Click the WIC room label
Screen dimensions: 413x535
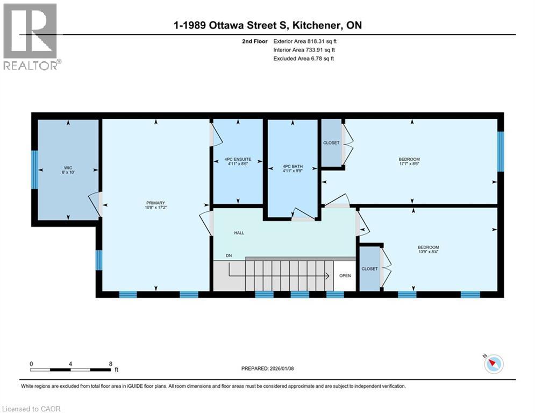click(68, 167)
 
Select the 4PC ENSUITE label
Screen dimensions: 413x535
click(238, 159)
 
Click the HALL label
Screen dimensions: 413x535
click(239, 233)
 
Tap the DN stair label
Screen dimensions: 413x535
click(229, 255)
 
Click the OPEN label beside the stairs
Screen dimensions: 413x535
click(345, 276)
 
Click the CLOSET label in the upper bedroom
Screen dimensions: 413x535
click(331, 143)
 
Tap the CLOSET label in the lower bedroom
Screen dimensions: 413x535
click(369, 269)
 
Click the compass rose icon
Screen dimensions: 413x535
click(493, 364)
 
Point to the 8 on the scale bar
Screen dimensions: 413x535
click(111, 364)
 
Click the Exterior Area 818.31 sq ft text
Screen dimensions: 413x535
click(305, 40)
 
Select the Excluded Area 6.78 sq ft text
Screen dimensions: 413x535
click(304, 58)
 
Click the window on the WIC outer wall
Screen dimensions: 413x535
click(34, 169)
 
